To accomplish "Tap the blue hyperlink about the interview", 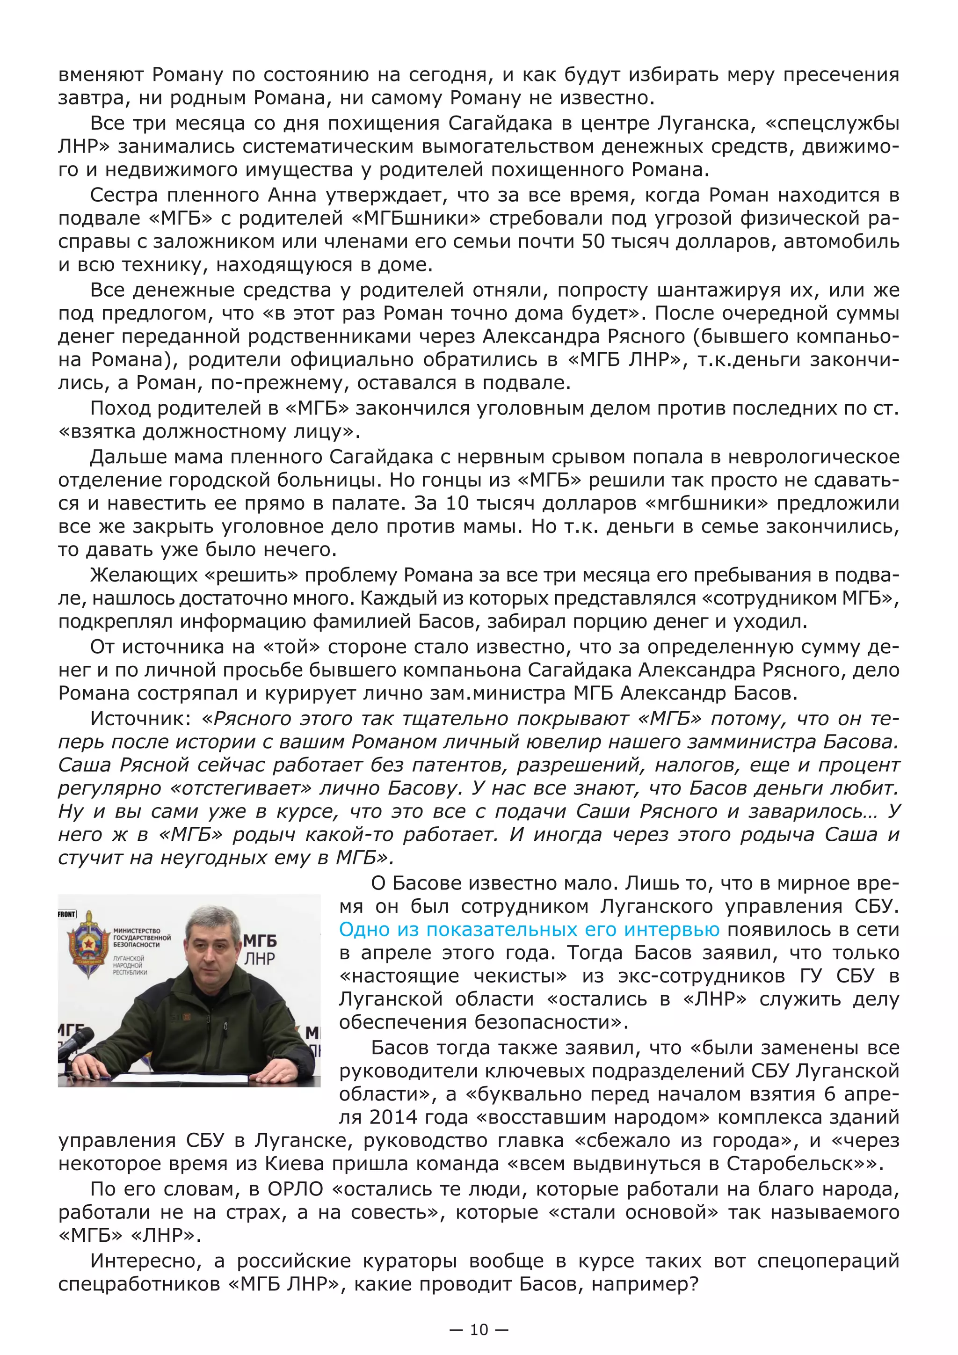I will [x=529, y=930].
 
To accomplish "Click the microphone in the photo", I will [x=75, y=1042].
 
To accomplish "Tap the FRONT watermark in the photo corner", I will [x=67, y=915].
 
